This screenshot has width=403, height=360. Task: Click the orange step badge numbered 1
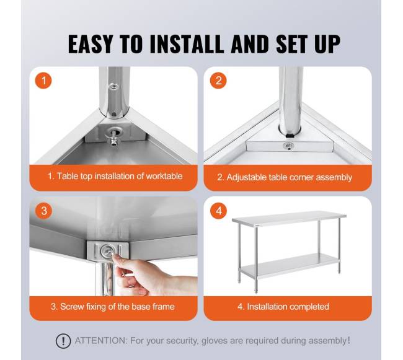coord(43,81)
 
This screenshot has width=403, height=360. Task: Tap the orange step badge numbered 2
coord(218,81)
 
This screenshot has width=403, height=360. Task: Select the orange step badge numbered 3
coord(43,211)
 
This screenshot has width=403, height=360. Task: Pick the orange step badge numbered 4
coord(218,211)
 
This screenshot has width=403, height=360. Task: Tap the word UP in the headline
coord(327,44)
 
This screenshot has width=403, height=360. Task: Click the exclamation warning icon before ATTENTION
coord(63,341)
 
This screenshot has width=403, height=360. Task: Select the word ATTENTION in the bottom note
coord(100,341)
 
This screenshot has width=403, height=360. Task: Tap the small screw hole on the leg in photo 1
coord(113,86)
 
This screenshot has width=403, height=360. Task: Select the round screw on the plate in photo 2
coord(288,146)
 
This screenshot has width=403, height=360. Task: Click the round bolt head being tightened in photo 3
coord(107,250)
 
